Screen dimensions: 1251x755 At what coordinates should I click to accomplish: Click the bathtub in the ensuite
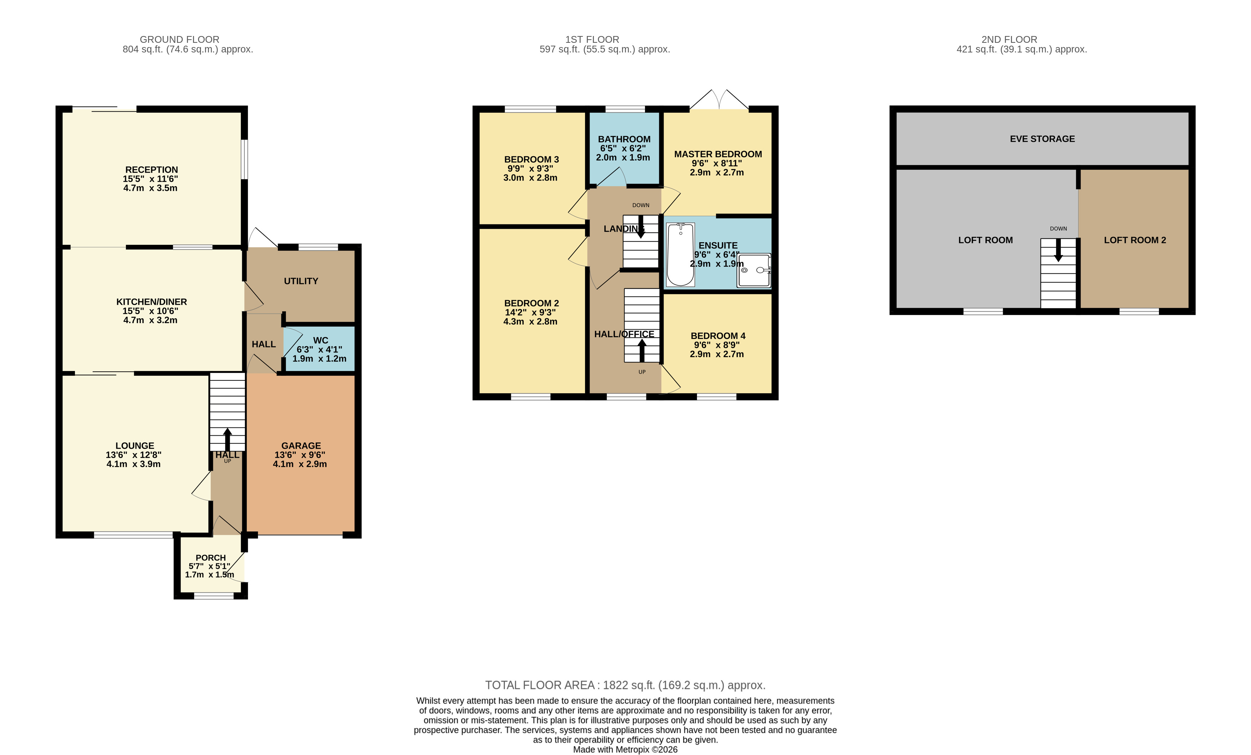(680, 254)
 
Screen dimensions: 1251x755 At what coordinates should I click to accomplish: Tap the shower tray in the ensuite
(754, 270)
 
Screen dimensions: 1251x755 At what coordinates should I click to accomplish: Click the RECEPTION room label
(151, 169)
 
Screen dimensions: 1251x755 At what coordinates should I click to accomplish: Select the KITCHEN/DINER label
(151, 302)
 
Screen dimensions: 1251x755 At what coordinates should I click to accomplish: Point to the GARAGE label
(301, 446)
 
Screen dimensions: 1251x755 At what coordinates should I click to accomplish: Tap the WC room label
(320, 340)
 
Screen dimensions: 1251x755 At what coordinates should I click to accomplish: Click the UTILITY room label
(301, 281)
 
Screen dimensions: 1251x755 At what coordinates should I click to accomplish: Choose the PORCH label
(211, 557)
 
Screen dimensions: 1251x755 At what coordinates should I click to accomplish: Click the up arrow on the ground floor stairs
(228, 440)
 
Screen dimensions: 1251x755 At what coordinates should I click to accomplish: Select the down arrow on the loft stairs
(1059, 250)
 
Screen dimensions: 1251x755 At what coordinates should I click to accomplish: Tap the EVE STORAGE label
(1042, 138)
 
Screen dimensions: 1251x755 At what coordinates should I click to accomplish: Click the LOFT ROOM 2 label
(1135, 240)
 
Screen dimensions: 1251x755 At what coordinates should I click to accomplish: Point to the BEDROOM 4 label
(718, 336)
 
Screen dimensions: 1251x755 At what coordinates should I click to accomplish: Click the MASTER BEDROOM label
(718, 154)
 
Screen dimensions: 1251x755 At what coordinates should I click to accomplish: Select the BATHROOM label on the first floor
(624, 139)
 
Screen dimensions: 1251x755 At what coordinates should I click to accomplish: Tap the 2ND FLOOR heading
(1010, 39)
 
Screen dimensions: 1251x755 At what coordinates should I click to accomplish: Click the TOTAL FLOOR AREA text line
(625, 685)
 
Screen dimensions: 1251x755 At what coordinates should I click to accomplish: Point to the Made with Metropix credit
(625, 749)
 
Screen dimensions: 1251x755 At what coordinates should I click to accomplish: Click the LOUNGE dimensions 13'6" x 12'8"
(133, 455)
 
